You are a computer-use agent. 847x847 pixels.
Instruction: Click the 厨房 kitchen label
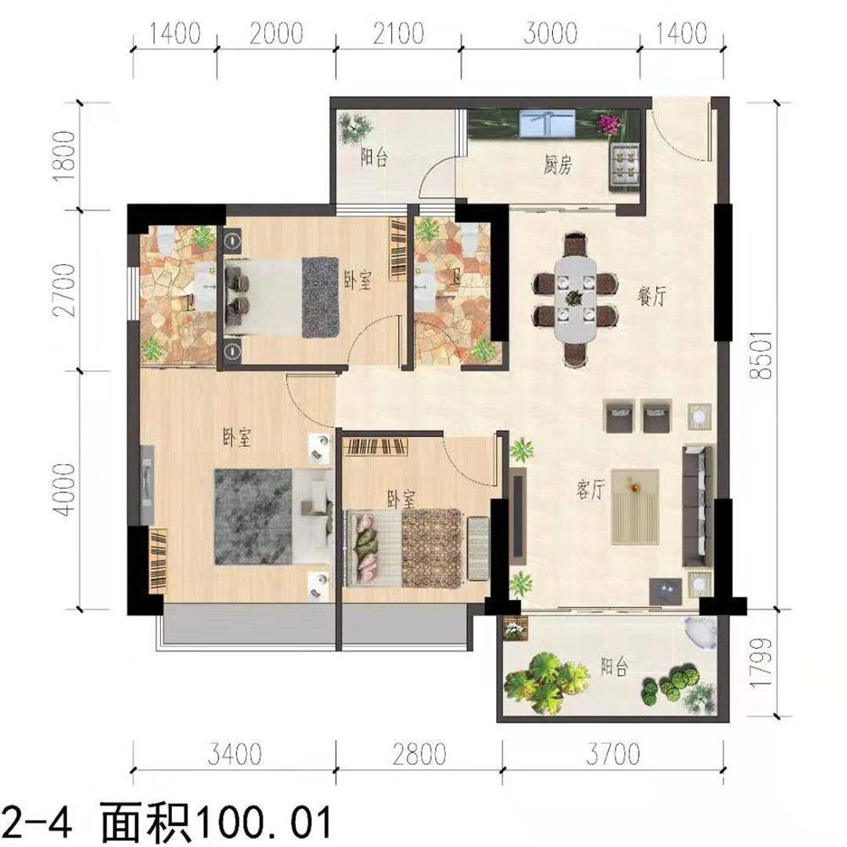pos(557,165)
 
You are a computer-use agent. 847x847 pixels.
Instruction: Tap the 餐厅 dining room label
pos(651,296)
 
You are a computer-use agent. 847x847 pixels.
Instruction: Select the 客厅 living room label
pos(590,490)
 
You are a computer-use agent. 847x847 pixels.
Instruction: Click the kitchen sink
pos(546,123)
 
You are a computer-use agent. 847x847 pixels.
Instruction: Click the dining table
pos(575,298)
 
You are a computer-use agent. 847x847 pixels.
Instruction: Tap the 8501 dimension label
pos(763,355)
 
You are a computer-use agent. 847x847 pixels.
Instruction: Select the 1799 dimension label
pos(761,662)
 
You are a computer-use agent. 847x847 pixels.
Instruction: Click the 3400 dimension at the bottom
pos(235,754)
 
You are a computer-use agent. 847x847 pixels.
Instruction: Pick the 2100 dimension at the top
pos(398,34)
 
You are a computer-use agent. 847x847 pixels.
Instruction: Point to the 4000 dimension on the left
pos(65,490)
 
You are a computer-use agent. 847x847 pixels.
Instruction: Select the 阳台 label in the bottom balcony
pos(615,667)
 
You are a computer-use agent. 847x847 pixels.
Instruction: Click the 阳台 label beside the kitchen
pos(374,158)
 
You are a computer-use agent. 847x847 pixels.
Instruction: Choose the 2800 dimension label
pos(419,754)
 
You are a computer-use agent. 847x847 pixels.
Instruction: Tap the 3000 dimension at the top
pos(551,34)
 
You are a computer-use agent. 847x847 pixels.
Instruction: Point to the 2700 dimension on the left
pos(65,290)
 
